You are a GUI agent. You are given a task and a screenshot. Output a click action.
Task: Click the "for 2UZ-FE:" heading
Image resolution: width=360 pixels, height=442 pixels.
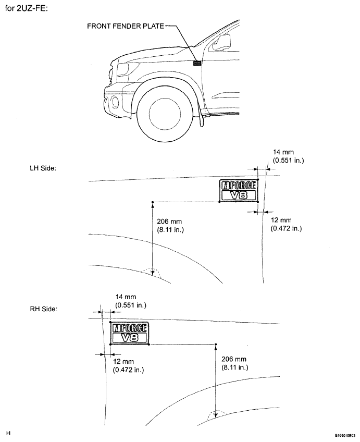tap(27, 8)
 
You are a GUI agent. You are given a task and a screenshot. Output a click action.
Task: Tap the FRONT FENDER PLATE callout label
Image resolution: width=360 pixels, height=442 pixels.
tap(126, 26)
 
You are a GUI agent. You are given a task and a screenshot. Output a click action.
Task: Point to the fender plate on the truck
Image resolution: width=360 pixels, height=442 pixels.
tap(197, 63)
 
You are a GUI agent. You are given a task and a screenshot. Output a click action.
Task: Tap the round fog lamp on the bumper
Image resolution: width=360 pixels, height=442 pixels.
tap(115, 102)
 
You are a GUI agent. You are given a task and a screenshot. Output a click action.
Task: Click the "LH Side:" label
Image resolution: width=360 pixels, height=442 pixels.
tap(43, 168)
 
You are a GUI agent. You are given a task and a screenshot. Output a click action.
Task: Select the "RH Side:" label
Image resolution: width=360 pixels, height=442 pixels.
tap(44, 309)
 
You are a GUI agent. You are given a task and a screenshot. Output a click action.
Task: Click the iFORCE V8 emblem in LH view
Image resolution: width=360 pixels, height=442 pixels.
tap(239, 191)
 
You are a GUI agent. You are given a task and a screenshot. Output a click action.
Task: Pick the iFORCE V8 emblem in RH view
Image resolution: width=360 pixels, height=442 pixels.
tap(129, 333)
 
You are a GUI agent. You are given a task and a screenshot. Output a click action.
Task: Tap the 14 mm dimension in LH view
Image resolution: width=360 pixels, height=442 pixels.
tap(289, 156)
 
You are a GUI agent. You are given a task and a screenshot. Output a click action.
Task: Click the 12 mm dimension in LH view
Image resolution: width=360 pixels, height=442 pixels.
tap(286, 224)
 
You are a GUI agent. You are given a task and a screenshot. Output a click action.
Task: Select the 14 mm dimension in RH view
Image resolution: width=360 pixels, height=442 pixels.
tap(131, 301)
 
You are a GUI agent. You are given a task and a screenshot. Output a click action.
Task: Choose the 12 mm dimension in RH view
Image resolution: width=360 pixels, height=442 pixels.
tap(129, 365)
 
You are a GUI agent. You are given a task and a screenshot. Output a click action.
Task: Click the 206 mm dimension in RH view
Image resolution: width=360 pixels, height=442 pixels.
tap(234, 363)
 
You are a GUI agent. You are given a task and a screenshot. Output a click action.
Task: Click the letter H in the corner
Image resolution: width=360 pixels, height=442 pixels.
tap(8, 433)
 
